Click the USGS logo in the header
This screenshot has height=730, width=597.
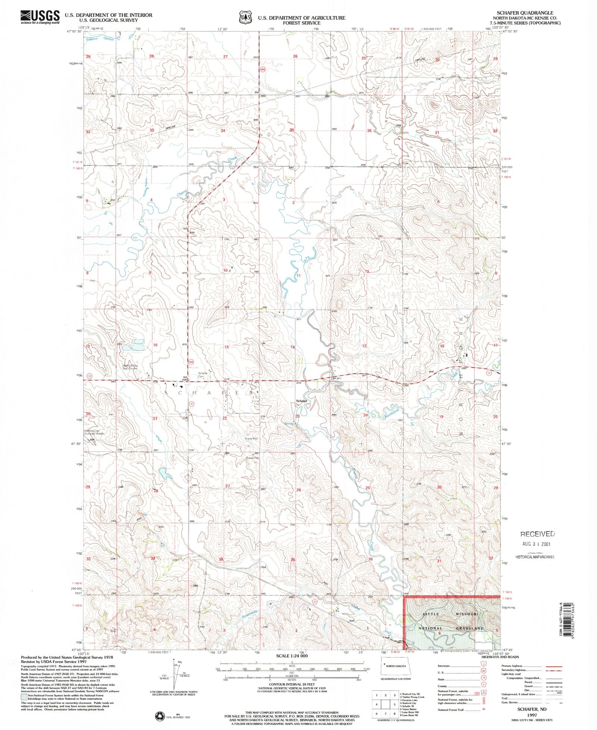40,17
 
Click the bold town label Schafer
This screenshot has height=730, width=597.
301,401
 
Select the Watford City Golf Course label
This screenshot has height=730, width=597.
130,367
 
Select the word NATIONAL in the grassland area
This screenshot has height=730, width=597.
430,628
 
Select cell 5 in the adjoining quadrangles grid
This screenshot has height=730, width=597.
394,704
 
